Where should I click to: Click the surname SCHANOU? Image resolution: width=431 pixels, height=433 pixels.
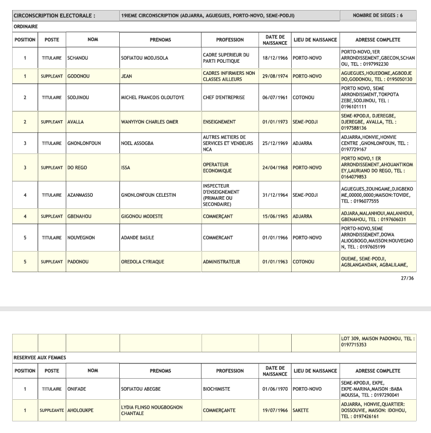[78, 58]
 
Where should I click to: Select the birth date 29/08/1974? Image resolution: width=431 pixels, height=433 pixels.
[274, 76]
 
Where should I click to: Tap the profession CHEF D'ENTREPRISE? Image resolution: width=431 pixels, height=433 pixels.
[223, 98]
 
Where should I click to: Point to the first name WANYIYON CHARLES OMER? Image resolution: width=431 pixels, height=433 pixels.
[150, 122]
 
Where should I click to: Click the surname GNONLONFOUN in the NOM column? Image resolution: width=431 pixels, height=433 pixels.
[84, 143]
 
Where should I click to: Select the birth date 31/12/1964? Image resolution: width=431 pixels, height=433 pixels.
[274, 195]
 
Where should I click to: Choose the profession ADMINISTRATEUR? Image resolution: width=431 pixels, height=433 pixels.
[222, 262]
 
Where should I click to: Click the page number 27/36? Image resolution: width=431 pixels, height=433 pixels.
[407, 278]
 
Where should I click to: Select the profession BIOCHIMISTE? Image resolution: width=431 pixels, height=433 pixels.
[217, 389]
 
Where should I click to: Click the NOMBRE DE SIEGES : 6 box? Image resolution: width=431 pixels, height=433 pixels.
[378, 16]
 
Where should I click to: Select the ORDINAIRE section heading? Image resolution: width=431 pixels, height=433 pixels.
[26, 26]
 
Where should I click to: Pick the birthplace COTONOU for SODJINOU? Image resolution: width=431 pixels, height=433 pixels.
[304, 98]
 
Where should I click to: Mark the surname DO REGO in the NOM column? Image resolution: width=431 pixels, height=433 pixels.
[77, 168]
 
